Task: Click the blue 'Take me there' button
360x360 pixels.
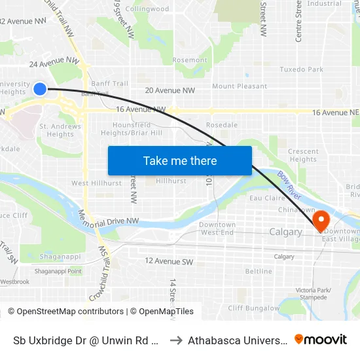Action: coord(179,160)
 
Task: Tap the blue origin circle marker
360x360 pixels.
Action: coord(40,88)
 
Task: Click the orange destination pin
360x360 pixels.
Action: coord(321,220)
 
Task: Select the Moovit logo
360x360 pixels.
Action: coord(321,340)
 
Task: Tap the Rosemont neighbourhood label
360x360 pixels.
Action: coord(190,60)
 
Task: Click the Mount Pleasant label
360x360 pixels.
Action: coord(239,86)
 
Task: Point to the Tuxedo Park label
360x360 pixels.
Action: coord(301,69)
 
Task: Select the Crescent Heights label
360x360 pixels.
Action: coord(303,155)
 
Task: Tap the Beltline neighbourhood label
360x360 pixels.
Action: coord(258,271)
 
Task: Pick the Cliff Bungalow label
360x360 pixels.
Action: coord(254,308)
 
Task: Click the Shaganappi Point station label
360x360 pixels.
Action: coord(58,271)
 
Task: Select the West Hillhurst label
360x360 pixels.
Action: coord(96,183)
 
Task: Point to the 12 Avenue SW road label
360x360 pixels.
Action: coord(169,261)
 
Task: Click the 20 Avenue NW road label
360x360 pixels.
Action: coord(170,90)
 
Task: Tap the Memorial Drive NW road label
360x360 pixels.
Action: coord(109,221)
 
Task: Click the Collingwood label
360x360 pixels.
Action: coord(147,9)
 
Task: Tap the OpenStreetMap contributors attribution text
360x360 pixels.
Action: coord(65,312)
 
